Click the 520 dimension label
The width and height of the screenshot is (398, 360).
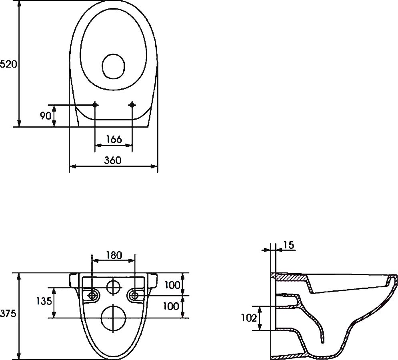pyautogui.click(x=8, y=64)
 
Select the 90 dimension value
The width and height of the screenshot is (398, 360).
pyautogui.click(x=45, y=116)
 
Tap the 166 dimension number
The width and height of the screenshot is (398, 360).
pyautogui.click(x=114, y=139)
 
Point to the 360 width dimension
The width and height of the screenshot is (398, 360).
pyautogui.click(x=112, y=160)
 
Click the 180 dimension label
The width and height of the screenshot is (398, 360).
pyautogui.click(x=114, y=255)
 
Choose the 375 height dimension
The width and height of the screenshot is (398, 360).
pyautogui.click(x=8, y=314)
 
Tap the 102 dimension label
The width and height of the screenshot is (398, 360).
pyautogui.click(x=248, y=318)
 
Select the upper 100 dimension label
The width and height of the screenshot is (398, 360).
pyautogui.click(x=172, y=285)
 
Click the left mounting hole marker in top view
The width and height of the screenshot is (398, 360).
pyautogui.click(x=95, y=105)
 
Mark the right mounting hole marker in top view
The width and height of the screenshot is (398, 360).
pyautogui.click(x=132, y=105)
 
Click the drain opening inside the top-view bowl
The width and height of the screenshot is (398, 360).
pyautogui.click(x=114, y=66)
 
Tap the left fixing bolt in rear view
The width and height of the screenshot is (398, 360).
pyautogui.click(x=92, y=296)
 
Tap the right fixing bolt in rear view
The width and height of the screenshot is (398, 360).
pyautogui.click(x=135, y=296)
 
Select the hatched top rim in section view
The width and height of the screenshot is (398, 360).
pyautogui.click(x=290, y=277)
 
